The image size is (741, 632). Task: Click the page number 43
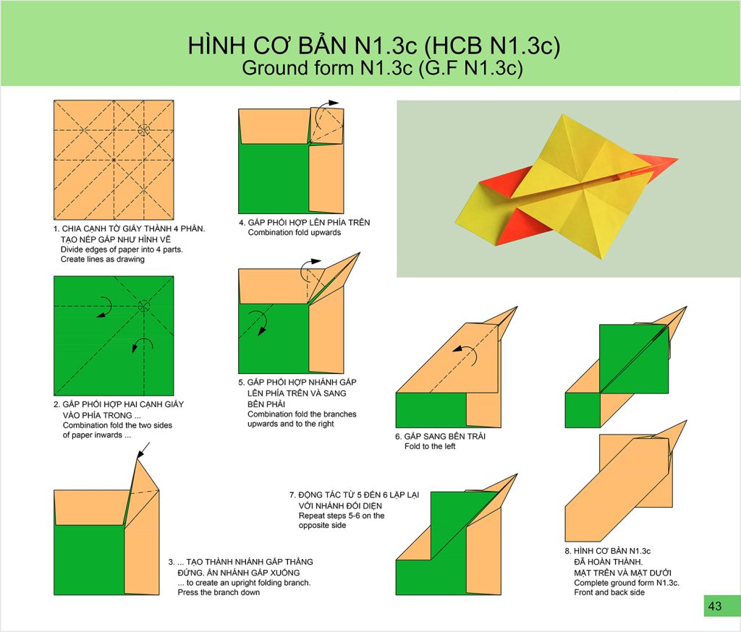(715, 606)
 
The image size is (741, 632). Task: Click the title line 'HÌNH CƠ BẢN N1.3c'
(374, 46)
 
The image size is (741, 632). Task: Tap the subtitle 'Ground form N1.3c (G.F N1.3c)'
(382, 68)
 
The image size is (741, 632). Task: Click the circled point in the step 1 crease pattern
(144, 130)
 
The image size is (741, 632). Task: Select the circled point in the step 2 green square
(144, 306)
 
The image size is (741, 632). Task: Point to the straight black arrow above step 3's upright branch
(143, 450)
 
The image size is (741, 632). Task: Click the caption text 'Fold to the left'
(430, 446)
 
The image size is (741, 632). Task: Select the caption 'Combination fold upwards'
(294, 232)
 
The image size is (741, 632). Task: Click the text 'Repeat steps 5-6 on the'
(342, 516)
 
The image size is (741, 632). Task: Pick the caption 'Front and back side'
(609, 592)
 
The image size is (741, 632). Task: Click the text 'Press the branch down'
(219, 592)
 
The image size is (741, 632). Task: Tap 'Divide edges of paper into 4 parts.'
(122, 249)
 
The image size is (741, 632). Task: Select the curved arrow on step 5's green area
(259, 321)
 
